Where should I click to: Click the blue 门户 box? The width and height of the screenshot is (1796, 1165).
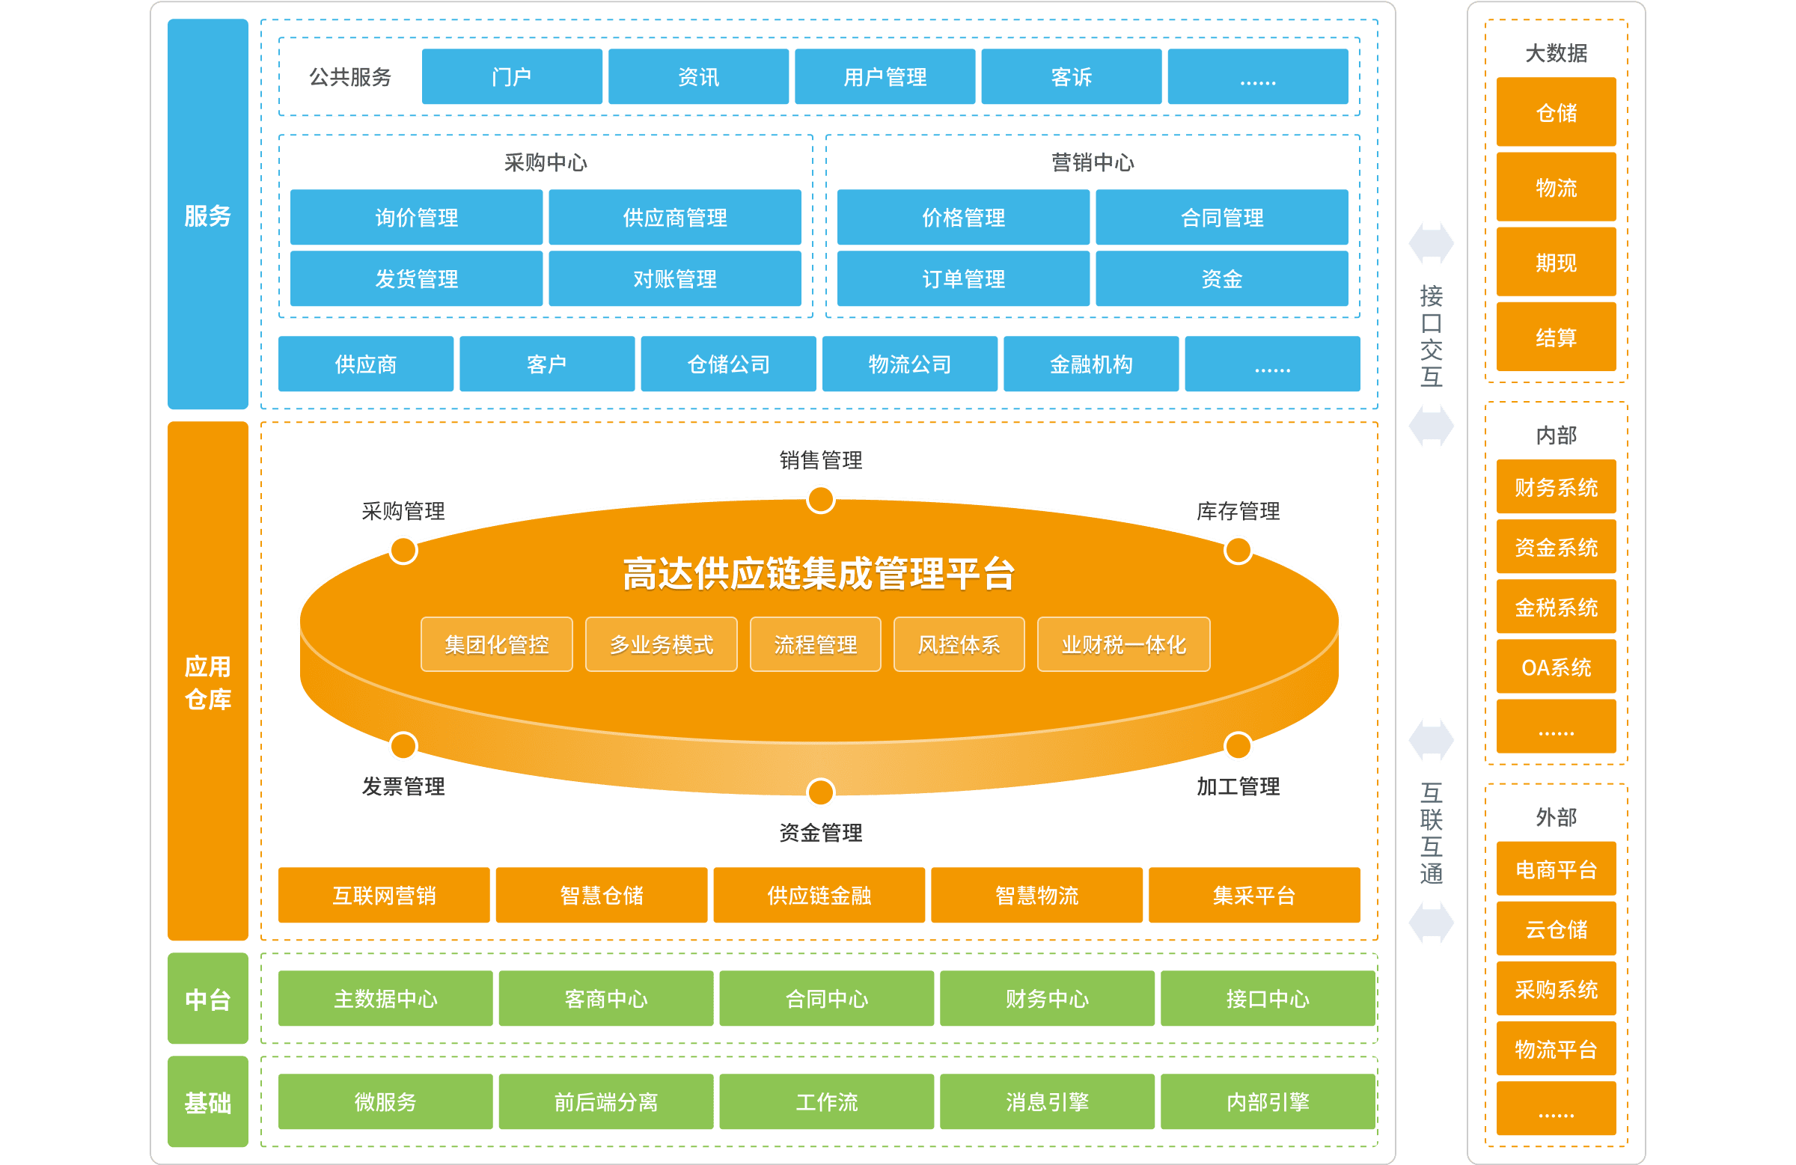tap(512, 77)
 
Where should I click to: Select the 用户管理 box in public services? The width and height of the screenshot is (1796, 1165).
tap(885, 77)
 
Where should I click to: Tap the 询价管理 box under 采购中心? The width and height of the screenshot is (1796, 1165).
tap(416, 218)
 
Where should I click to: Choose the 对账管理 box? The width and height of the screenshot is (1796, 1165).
tap(675, 279)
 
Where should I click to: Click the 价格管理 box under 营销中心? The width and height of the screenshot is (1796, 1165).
tap(963, 218)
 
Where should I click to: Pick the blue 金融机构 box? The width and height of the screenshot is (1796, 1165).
tap(1090, 364)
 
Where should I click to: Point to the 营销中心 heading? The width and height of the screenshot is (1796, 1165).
tap(1092, 162)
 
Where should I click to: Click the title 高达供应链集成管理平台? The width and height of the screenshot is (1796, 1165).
tap(819, 573)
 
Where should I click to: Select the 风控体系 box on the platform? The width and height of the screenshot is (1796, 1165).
tap(959, 644)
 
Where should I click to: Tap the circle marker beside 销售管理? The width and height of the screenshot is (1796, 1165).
tap(820, 500)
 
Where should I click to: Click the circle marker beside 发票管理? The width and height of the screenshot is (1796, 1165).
tap(403, 746)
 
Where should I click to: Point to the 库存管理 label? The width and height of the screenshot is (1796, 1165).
tap(1238, 512)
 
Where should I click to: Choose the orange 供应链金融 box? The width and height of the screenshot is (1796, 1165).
tap(819, 896)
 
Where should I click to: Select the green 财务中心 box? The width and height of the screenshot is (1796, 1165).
tap(1047, 999)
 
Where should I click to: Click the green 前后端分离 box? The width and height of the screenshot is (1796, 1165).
tap(605, 1102)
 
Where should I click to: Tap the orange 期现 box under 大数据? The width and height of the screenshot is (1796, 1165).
tap(1556, 263)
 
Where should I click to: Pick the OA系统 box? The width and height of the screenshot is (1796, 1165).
tap(1556, 667)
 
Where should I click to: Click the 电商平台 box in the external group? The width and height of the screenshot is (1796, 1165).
tap(1556, 869)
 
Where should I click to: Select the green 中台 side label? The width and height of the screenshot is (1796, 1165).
tap(207, 999)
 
